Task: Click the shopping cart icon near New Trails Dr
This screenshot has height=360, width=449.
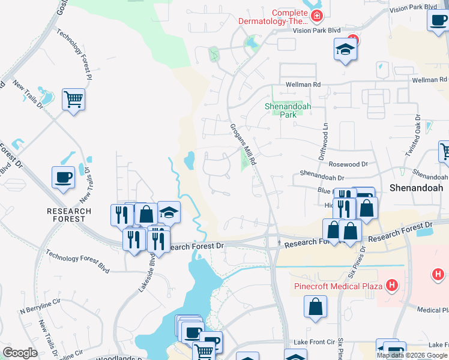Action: click(73, 99)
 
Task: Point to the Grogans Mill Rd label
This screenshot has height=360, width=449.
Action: click(243, 144)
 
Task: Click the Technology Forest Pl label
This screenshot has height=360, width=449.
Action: click(75, 55)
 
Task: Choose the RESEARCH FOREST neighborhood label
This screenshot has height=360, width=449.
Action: click(70, 215)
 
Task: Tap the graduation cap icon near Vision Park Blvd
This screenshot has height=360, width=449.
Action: click(345, 50)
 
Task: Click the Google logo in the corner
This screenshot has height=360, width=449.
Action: click(20, 353)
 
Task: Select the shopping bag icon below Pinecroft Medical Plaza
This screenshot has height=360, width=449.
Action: click(316, 307)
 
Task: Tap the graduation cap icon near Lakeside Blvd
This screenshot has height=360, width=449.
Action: click(169, 212)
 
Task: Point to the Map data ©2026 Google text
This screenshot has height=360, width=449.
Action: click(412, 355)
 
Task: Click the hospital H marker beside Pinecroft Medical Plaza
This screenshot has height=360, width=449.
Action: click(393, 284)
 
